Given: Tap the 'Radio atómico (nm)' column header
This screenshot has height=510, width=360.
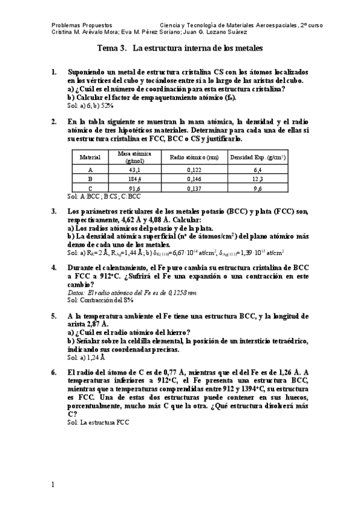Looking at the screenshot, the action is [x=195, y=157].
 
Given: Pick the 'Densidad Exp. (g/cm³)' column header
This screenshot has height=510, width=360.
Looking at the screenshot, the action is [x=258, y=157].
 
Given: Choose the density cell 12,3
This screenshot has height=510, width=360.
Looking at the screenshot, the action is [x=258, y=179].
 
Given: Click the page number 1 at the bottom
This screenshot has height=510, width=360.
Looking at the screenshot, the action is [x=53, y=485].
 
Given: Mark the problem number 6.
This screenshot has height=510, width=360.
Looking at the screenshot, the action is [x=54, y=372].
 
